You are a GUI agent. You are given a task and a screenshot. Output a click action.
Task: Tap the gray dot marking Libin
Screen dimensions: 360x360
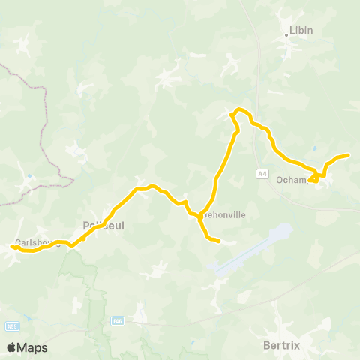click(x=286, y=34)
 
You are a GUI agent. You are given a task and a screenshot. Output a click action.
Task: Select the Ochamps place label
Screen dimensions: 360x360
click(x=291, y=180)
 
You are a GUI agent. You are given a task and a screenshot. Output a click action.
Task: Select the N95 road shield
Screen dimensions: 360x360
click(x=11, y=326)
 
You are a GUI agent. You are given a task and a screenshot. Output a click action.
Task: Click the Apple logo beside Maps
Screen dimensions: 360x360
click(x=12, y=347)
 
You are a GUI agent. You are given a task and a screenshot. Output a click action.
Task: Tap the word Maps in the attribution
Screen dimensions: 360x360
click(x=32, y=347)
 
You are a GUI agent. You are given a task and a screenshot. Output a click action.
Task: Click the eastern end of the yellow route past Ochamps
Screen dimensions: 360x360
click(x=349, y=155)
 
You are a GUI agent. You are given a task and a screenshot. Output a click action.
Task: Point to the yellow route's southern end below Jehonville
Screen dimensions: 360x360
click(x=217, y=241)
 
